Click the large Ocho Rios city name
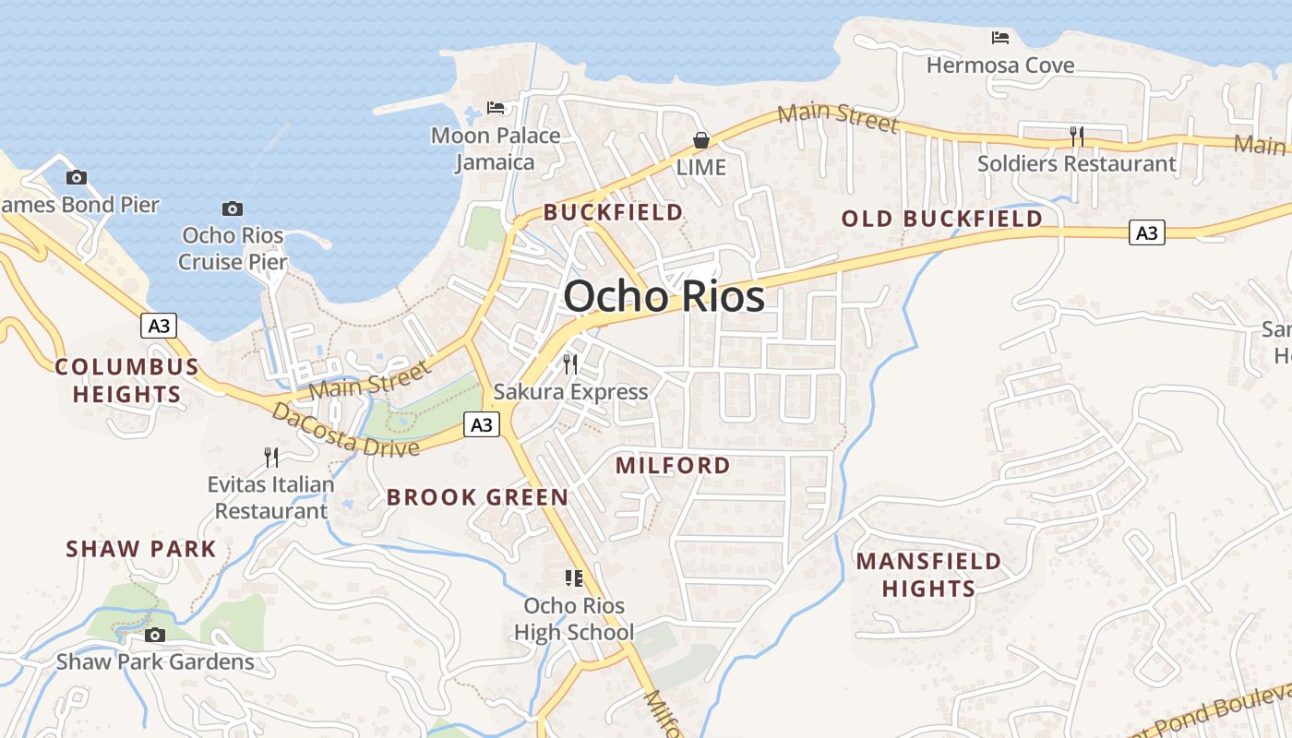pyautogui.click(x=664, y=296)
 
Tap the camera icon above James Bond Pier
pyautogui.click(x=77, y=177)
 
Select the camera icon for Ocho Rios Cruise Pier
pyautogui.click(x=233, y=208)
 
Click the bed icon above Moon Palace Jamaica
pyautogui.click(x=496, y=108)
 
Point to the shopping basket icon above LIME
pyautogui.click(x=701, y=140)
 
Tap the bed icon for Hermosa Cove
pyautogui.click(x=1000, y=38)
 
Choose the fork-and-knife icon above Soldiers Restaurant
pyautogui.click(x=1076, y=137)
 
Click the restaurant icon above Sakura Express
pyautogui.click(x=570, y=363)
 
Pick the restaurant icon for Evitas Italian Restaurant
pyautogui.click(x=271, y=457)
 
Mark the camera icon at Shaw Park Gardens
pyautogui.click(x=155, y=635)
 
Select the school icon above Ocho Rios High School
pyautogui.click(x=574, y=578)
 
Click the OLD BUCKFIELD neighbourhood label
pyautogui.click(x=942, y=219)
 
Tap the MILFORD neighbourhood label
pyautogui.click(x=673, y=465)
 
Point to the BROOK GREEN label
pyautogui.click(x=477, y=497)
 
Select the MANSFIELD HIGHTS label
pyautogui.click(x=928, y=575)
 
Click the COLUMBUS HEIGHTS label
pyautogui.click(x=127, y=380)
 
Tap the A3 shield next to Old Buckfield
pyautogui.click(x=1146, y=233)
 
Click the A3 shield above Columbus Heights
pyautogui.click(x=159, y=325)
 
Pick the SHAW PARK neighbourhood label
pyautogui.click(x=141, y=549)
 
